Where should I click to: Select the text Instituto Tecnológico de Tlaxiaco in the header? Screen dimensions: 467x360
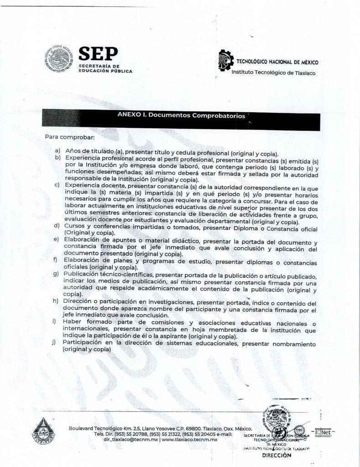pos(273,73)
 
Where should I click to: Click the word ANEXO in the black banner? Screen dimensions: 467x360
pos(129,115)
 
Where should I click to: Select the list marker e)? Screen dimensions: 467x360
pos(57,239)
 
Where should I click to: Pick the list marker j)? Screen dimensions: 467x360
pos(57,342)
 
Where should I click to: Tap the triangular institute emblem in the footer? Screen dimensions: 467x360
pos(46,431)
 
